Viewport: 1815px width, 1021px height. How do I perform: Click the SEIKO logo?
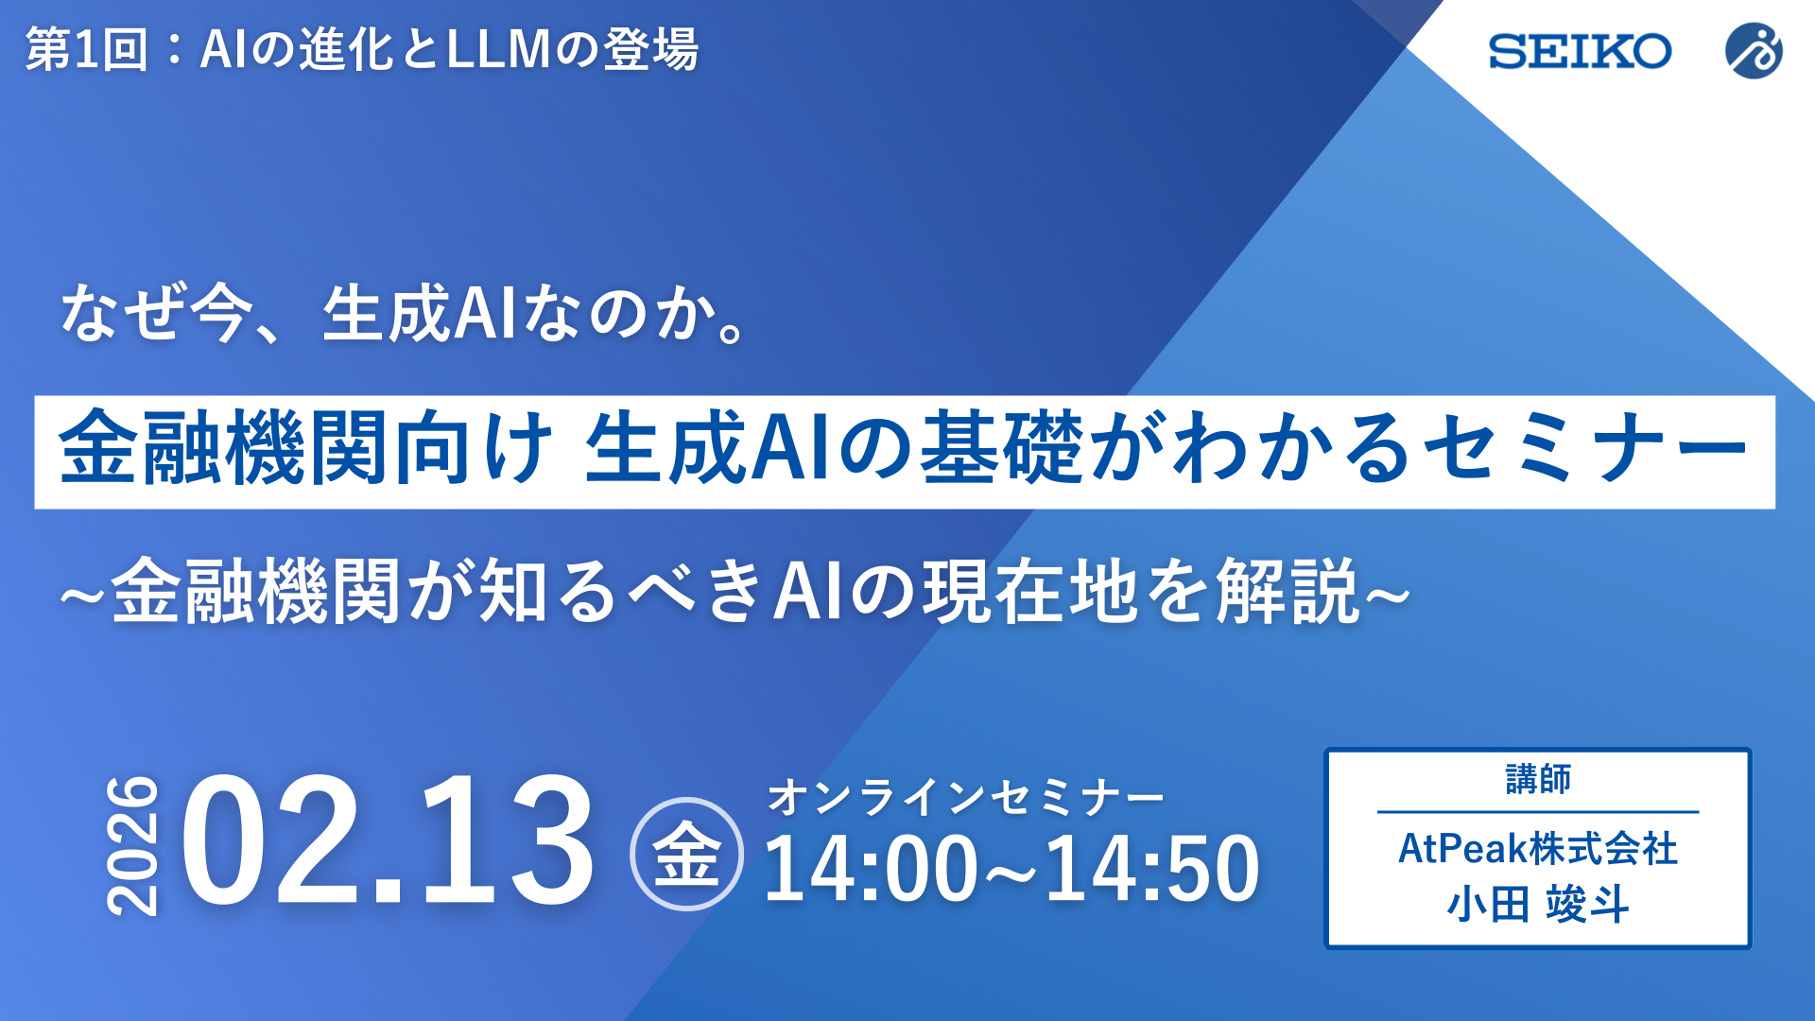[x=1580, y=51]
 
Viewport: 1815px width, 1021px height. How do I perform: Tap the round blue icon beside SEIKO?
[x=1754, y=51]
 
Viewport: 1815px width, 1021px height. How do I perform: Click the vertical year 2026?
[x=132, y=846]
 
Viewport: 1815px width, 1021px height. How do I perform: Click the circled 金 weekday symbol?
[x=686, y=854]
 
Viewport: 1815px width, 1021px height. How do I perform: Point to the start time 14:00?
[x=871, y=869]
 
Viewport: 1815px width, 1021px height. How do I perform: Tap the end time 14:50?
[x=1152, y=869]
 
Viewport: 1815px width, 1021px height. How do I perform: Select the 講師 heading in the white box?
[x=1538, y=780]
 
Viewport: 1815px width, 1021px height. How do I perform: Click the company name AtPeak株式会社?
[x=1538, y=848]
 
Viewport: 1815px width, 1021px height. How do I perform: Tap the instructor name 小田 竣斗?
[x=1538, y=905]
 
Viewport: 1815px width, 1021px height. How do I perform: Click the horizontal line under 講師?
[x=1538, y=811]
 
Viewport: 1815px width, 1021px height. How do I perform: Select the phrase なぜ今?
[x=156, y=314]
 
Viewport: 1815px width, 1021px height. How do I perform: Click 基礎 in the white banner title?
[x=1002, y=449]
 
